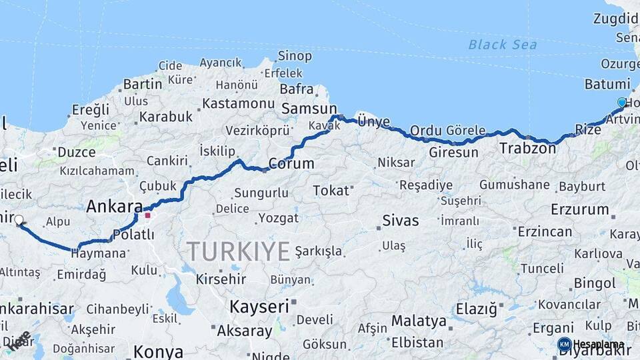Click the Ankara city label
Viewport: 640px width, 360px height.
tap(115, 207)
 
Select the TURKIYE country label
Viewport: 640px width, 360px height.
tap(238, 251)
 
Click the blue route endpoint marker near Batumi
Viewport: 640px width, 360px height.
tap(622, 102)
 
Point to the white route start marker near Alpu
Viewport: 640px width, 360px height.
tap(19, 220)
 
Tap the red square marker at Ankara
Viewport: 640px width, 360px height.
tap(147, 215)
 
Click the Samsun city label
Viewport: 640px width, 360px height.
tap(309, 109)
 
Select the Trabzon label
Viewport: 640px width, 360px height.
tap(527, 149)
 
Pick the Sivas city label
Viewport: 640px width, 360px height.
tap(401, 221)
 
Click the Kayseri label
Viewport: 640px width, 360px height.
tap(259, 307)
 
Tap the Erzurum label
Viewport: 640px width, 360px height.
tap(580, 209)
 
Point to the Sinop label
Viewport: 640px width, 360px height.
tap(295, 56)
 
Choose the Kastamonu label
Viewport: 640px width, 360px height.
tap(239, 103)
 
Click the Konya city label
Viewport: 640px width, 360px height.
tap(158, 351)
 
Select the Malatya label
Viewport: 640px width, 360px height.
tap(419, 321)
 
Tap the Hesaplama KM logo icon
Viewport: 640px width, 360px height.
tap(565, 344)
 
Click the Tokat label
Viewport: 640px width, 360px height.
tap(331, 191)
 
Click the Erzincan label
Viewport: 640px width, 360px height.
tap(545, 231)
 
